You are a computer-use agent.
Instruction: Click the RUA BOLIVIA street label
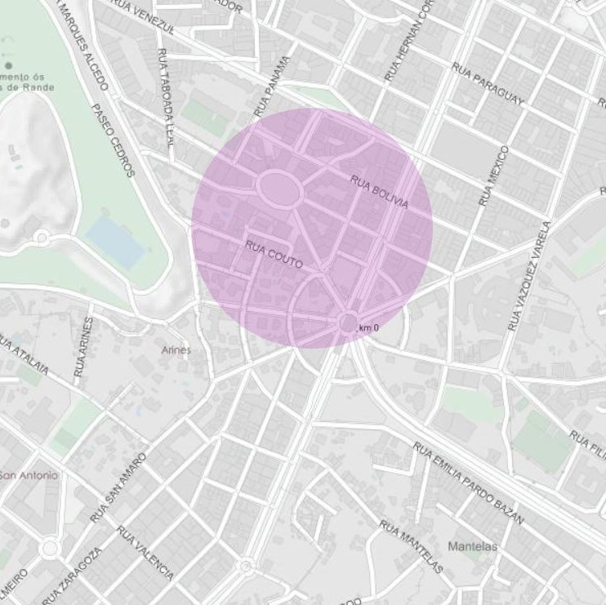click(379, 191)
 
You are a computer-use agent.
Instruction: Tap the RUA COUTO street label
click(274, 254)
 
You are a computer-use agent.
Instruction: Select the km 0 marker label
click(369, 327)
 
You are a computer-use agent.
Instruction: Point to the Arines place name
click(176, 349)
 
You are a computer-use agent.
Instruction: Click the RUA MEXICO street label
click(494, 176)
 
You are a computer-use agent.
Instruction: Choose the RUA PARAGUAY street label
click(486, 84)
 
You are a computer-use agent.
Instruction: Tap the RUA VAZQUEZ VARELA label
click(528, 277)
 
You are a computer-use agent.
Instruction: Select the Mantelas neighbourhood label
click(472, 545)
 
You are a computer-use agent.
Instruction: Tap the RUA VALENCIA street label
click(145, 552)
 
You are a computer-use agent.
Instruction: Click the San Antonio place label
click(29, 475)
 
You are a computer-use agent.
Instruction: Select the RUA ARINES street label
click(83, 346)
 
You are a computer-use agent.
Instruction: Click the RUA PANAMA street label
click(272, 86)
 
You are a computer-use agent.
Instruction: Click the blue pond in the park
click(116, 242)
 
